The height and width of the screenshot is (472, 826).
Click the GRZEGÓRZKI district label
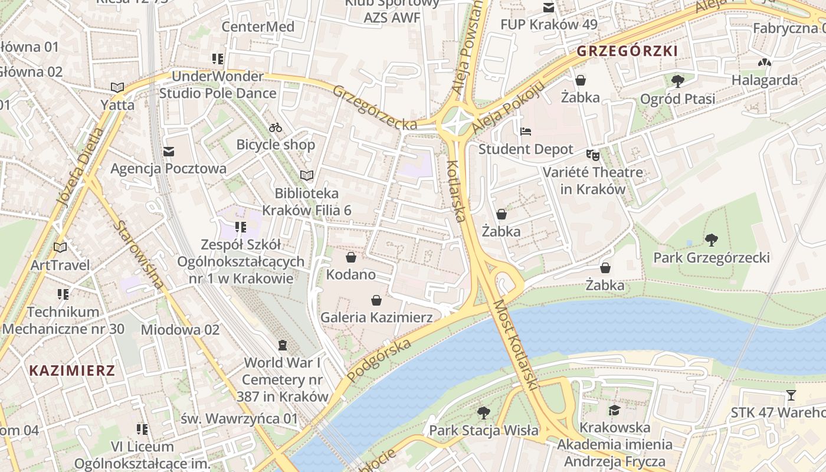tap(627, 51)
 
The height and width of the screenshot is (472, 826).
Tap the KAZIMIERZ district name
tap(72, 371)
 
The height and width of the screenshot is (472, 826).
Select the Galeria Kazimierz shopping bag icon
tap(376, 301)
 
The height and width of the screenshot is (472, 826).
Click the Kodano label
tap(350, 274)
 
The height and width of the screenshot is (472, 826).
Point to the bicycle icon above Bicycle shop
tap(276, 127)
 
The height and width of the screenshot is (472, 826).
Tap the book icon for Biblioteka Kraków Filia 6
tap(307, 175)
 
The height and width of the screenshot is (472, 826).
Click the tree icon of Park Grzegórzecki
tap(711, 240)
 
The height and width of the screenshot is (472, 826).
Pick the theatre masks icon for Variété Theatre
tap(592, 155)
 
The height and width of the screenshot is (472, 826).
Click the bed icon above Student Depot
tap(525, 132)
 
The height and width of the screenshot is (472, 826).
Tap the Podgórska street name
tap(379, 360)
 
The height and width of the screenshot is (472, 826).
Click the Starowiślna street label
tap(140, 255)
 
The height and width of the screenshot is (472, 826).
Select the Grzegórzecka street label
tap(375, 107)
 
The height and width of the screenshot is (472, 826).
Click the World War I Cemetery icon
tap(283, 345)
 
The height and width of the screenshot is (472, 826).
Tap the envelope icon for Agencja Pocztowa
tap(169, 152)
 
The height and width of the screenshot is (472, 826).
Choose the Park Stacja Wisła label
tap(483, 430)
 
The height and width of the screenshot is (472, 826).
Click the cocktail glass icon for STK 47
tap(791, 395)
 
